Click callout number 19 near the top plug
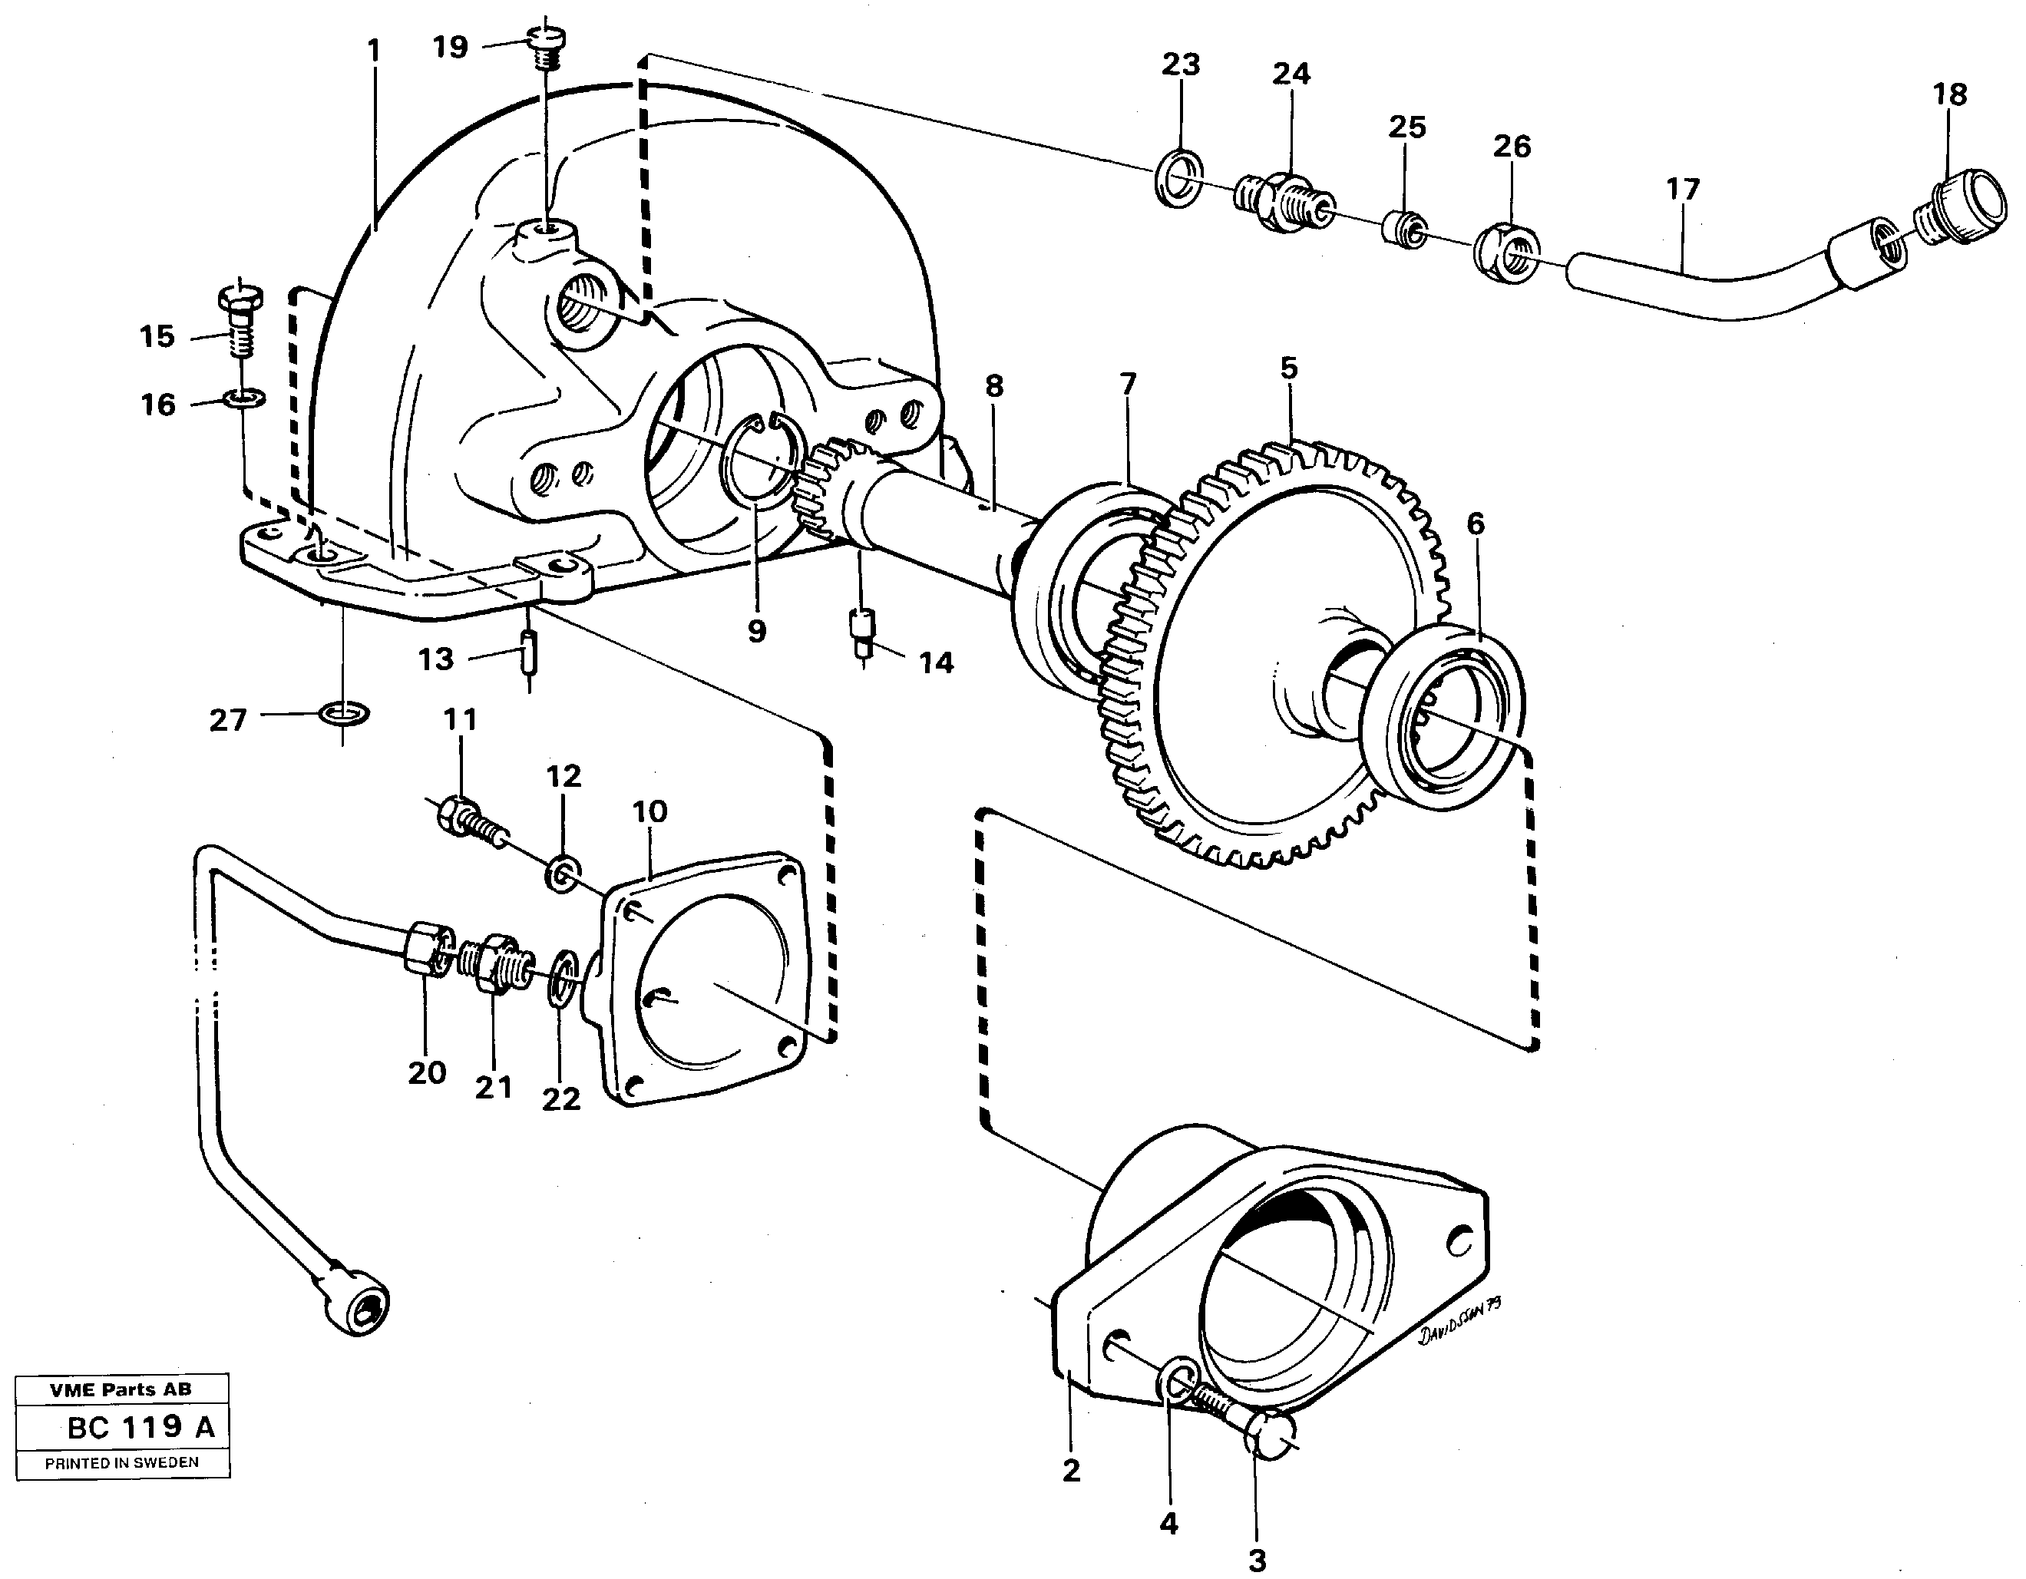pyautogui.click(x=451, y=46)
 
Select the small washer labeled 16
pyautogui.click(x=245, y=399)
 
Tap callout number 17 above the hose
pyautogui.click(x=1682, y=190)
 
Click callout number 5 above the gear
pyautogui.click(x=1288, y=368)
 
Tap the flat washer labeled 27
pyautogui.click(x=343, y=713)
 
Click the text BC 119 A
pyautogui.click(x=141, y=1426)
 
